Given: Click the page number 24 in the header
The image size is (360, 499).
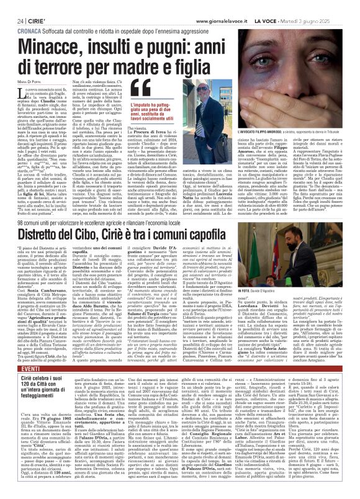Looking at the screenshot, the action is (x=11, y=5).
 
